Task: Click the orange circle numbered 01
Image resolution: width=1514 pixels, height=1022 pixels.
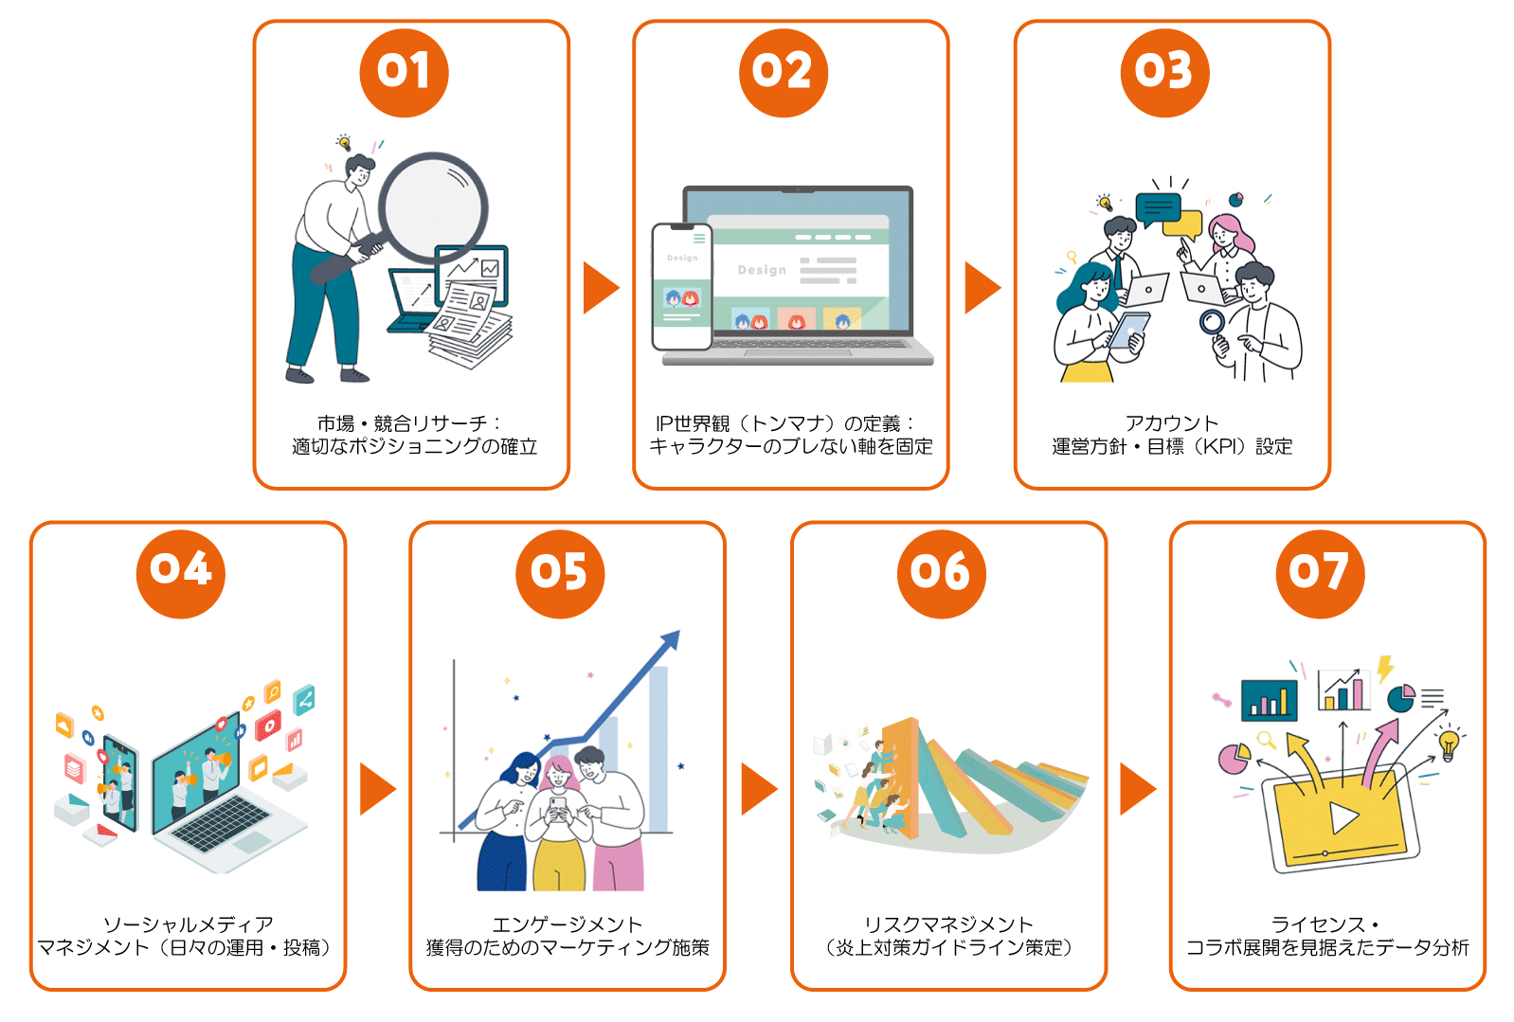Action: pos(405,73)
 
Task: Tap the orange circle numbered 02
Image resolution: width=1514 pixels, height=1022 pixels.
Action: pos(784,73)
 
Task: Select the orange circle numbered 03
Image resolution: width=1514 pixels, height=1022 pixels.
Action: pos(1164,73)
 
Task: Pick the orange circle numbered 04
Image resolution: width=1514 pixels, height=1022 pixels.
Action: pos(180,574)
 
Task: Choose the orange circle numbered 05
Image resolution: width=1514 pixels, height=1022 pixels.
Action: pos(560,574)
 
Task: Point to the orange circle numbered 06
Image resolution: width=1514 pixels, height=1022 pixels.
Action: pos(942,574)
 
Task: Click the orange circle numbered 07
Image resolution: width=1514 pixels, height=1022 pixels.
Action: pos(1320,574)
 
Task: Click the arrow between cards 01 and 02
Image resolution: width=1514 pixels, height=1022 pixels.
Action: pos(601,288)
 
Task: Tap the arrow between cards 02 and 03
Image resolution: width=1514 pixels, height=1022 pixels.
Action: pos(982,288)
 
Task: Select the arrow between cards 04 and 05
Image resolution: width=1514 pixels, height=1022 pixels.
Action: pos(377,789)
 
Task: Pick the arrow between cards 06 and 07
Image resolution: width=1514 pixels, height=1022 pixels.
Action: pos(1138,789)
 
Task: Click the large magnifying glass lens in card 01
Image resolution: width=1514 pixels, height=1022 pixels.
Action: pos(433,207)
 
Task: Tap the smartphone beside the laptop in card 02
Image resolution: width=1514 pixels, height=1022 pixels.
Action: pos(682,287)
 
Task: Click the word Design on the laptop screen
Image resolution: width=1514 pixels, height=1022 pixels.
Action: pos(762,270)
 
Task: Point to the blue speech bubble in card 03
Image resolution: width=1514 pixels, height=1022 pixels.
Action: pos(1158,209)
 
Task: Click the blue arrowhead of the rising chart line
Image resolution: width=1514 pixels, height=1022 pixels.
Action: pos(671,639)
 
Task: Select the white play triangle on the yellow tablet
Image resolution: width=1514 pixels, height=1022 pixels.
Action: pos(1343,817)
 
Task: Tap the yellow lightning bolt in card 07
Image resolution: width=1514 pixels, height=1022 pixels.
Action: pos(1385,669)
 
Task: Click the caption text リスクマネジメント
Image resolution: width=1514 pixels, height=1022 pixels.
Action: pos(949,924)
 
